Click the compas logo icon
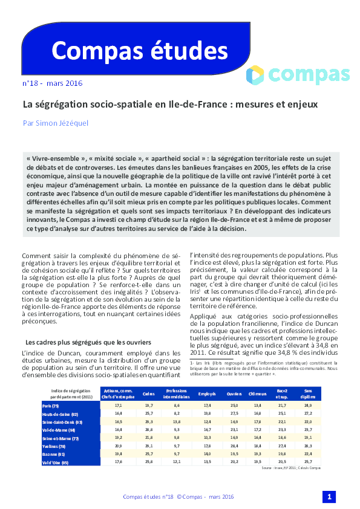(x=256, y=75)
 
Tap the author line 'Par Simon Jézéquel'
(x=56, y=123)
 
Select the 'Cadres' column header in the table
(x=148, y=394)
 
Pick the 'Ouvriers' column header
(x=234, y=394)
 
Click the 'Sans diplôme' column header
(x=308, y=394)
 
